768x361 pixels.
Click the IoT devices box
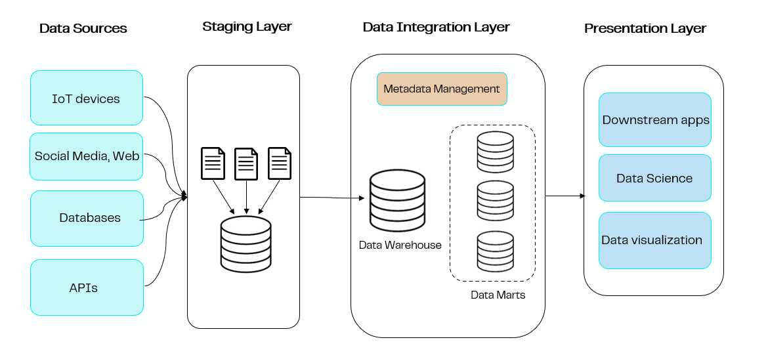tap(86, 98)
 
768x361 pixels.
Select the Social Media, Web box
tap(86, 156)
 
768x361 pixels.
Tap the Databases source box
tap(86, 218)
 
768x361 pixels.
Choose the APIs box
tap(86, 287)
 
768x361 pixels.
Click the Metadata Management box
tap(441, 89)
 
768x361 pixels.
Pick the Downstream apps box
tap(654, 119)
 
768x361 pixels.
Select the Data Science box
tap(654, 178)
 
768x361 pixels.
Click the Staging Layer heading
tap(247, 27)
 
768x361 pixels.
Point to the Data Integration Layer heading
tap(436, 28)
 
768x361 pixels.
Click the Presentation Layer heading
tap(645, 28)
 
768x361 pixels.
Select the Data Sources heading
tap(83, 28)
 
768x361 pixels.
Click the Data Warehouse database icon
tap(397, 197)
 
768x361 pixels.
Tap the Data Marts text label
tap(498, 295)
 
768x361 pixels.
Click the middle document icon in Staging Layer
tap(246, 163)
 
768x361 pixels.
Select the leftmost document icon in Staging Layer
tap(213, 163)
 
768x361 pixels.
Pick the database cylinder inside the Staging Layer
tap(246, 244)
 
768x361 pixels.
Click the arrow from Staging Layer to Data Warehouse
tap(331, 197)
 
